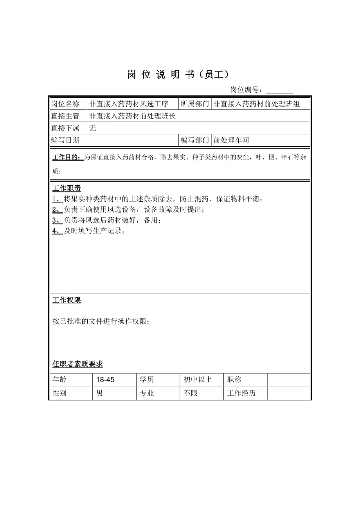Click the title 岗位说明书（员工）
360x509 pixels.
[x=178, y=75]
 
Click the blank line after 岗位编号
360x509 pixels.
[x=279, y=90]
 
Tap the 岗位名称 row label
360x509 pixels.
[x=65, y=104]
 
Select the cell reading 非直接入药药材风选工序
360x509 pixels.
[x=129, y=104]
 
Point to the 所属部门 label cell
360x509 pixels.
[x=194, y=104]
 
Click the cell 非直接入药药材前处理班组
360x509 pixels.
[x=257, y=104]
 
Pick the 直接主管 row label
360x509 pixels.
[x=65, y=116]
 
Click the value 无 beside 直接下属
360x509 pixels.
[x=93, y=128]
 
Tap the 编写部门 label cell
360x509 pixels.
[x=194, y=140]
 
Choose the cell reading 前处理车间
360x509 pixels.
[x=231, y=140]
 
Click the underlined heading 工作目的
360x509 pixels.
[x=67, y=158]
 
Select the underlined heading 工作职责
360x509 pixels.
[x=67, y=188]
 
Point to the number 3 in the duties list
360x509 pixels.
[x=55, y=220]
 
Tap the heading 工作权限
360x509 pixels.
[x=67, y=300]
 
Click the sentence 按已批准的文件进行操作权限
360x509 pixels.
[x=101, y=321]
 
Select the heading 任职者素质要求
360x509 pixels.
[x=77, y=364]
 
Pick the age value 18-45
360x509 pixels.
[x=105, y=380]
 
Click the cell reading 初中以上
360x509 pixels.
[x=198, y=380]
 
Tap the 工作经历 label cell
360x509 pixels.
[x=241, y=393]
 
